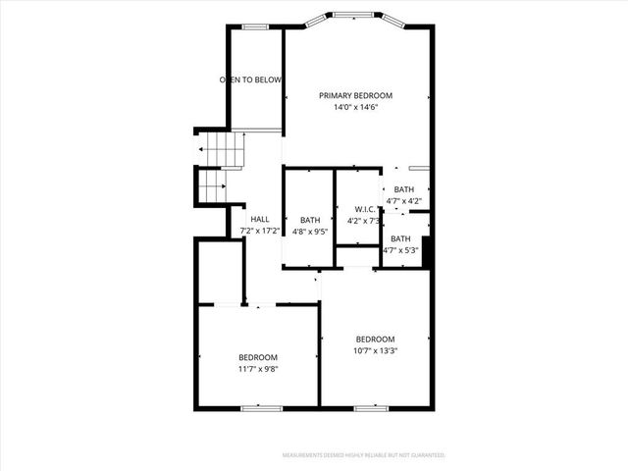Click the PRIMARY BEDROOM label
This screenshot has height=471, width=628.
point(355,95)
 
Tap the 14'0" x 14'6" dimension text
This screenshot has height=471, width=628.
point(355,107)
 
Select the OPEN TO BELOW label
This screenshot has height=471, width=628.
point(250,79)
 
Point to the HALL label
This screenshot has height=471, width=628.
point(260,219)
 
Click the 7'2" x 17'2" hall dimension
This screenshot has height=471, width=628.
point(260,232)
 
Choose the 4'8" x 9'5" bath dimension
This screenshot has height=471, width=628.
point(310,232)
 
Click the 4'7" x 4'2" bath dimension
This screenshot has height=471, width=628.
point(404,201)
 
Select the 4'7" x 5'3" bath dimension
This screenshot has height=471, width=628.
point(400,250)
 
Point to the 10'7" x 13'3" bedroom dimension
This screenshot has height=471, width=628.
point(375,350)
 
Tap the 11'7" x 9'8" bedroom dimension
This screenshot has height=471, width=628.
point(258,369)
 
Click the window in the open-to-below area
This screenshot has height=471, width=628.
point(255,26)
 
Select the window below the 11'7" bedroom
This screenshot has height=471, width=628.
point(255,407)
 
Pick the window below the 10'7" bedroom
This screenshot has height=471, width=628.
point(371,407)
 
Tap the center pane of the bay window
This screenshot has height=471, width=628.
point(354,15)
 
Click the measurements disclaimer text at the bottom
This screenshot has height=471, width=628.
point(363,455)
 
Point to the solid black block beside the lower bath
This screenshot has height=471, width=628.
point(427,248)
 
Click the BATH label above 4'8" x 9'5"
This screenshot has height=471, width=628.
point(310,220)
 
